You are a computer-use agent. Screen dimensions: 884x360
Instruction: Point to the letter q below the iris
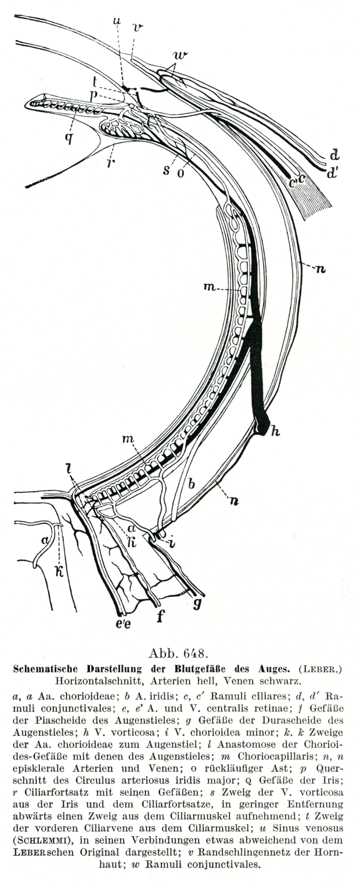(69, 137)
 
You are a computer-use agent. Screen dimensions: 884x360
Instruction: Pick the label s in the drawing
(167, 171)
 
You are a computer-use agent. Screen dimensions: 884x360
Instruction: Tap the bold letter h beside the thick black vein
(276, 431)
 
